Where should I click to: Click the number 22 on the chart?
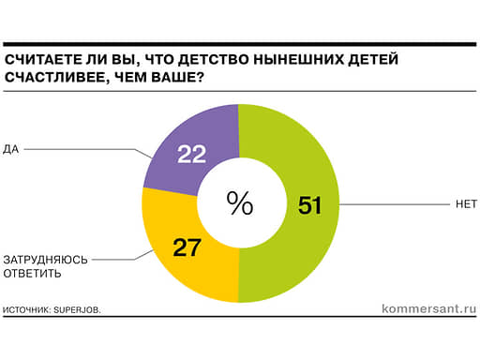click(x=191, y=154)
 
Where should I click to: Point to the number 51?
click(x=309, y=205)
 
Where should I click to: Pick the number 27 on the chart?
click(x=187, y=247)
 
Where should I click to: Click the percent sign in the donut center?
click(x=240, y=203)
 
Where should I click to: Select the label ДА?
click(x=11, y=149)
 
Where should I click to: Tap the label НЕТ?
click(x=466, y=204)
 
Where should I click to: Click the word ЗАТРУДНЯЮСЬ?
click(x=46, y=260)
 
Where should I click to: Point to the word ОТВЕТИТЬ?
click(x=32, y=274)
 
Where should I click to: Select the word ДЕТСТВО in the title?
click(x=213, y=59)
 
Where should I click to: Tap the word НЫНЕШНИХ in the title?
click(x=298, y=59)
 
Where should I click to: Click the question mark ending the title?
click(x=200, y=77)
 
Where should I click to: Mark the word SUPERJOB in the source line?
click(x=77, y=310)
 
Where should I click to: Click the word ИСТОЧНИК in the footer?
click(x=26, y=310)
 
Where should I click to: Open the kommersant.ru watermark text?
click(x=429, y=309)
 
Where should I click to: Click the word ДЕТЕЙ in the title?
click(x=373, y=59)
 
